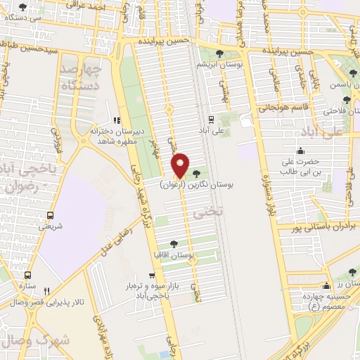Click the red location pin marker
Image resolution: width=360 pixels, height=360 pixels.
(180, 166)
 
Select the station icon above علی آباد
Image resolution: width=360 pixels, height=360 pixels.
(210, 119)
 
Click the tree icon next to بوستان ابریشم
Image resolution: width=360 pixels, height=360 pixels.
(220, 54)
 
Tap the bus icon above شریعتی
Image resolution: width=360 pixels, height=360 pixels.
(49, 216)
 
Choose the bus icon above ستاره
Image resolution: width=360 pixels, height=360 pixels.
(28, 276)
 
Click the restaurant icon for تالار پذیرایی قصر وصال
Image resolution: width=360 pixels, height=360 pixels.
(47, 290)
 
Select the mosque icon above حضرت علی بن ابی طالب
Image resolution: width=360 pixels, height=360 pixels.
(301, 150)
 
